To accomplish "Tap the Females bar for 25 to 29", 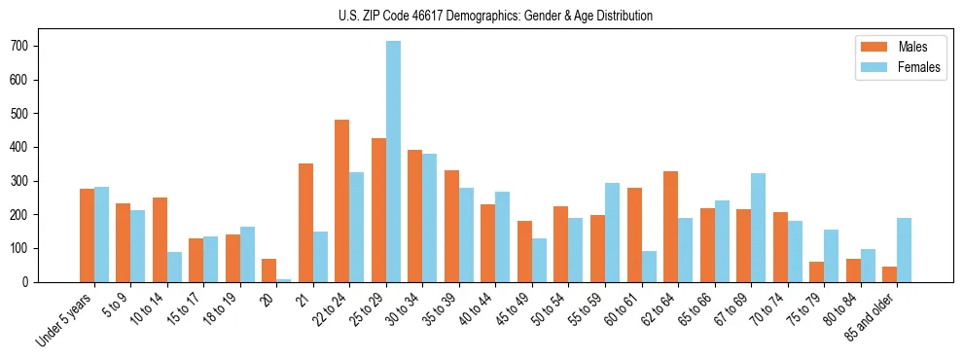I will pos(393,162).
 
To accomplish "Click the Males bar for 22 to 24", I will pos(342,200).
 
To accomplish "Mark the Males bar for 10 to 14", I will pos(160,239).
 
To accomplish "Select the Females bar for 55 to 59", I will pos(612,233).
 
